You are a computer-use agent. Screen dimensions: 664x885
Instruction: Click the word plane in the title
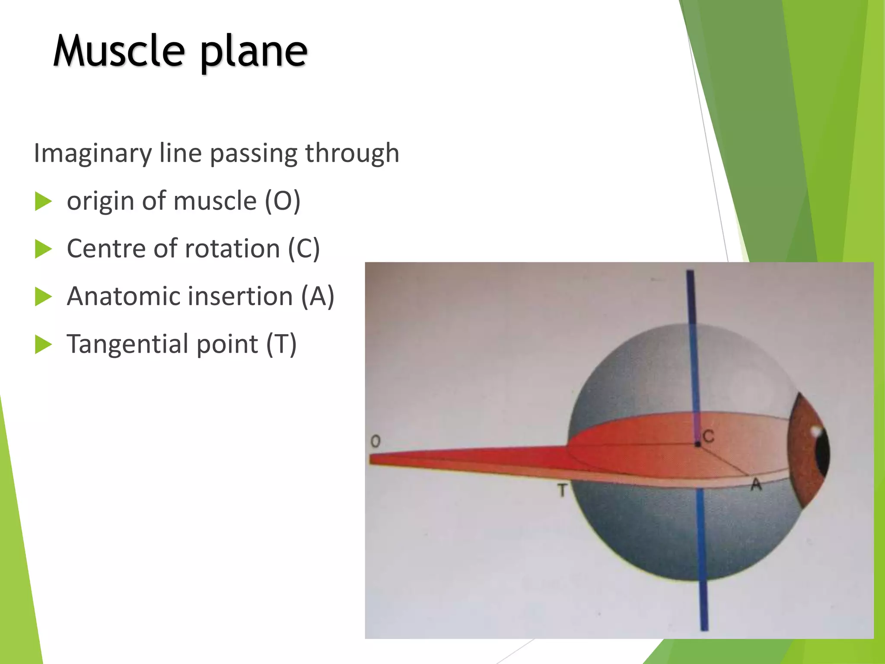point(254,53)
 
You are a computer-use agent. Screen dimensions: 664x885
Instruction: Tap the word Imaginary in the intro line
point(93,153)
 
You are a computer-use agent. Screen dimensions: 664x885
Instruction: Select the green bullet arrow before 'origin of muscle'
point(43,201)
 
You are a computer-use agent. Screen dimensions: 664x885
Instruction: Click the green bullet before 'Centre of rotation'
point(43,249)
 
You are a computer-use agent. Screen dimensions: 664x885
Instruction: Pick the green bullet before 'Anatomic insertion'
point(43,297)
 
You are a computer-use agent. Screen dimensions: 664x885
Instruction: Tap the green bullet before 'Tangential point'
point(43,345)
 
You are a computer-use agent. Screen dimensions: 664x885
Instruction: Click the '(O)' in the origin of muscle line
point(283,201)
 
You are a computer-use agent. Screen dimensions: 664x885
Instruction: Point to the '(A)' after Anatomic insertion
point(318,297)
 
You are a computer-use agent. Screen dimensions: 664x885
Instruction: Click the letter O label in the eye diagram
point(376,441)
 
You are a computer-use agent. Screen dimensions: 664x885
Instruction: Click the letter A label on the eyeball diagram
point(756,485)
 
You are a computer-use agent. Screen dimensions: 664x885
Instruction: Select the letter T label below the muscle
point(562,491)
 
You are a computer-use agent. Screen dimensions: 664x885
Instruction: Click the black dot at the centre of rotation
point(697,444)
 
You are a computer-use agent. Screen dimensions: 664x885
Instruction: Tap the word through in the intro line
point(352,153)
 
